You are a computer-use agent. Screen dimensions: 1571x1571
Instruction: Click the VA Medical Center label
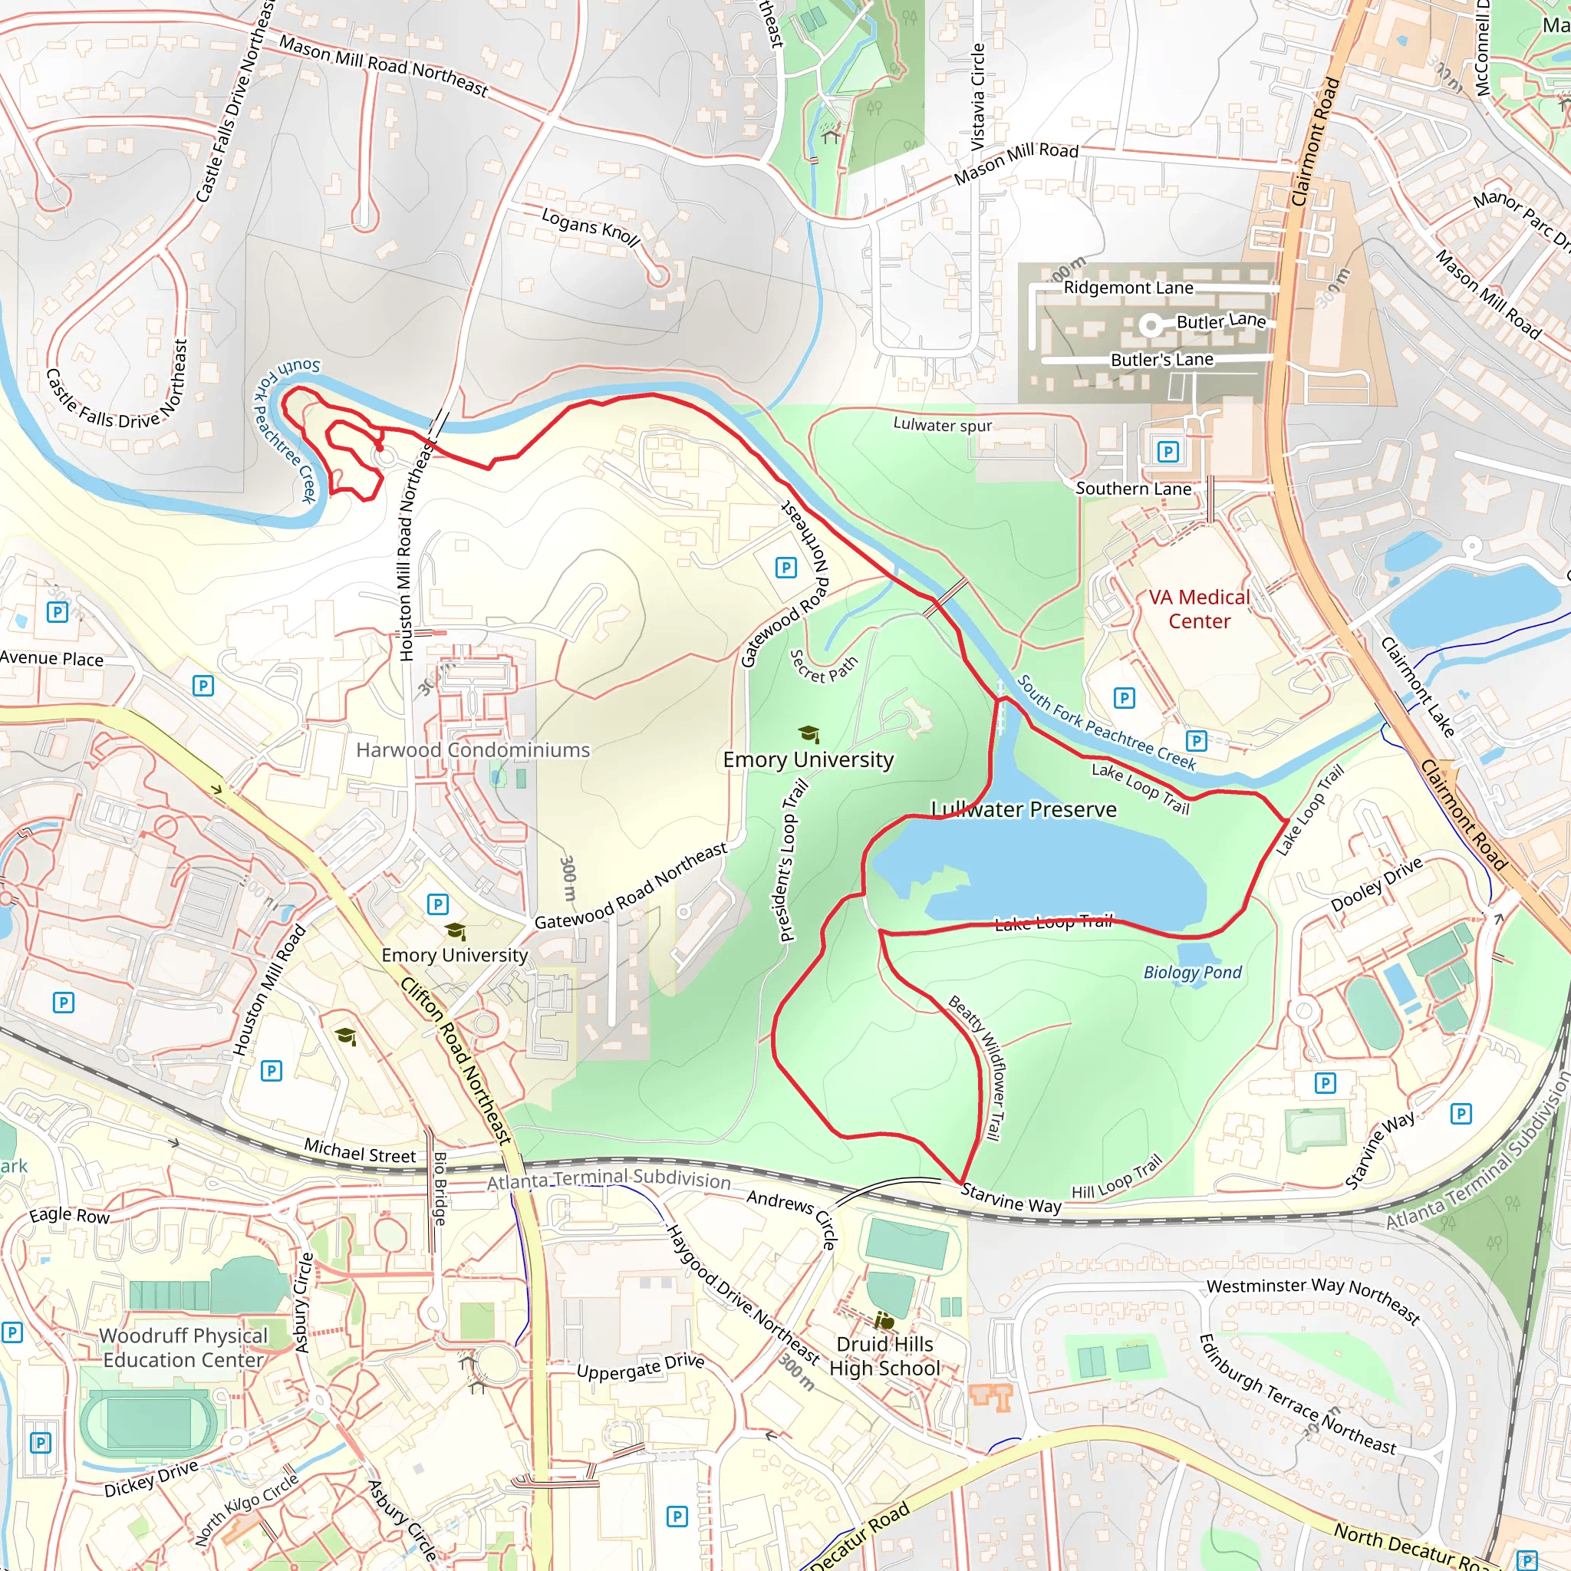pos(1199,609)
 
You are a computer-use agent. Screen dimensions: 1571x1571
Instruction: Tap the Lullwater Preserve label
pos(1024,809)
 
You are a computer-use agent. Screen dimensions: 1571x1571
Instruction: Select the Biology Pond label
pos(1192,972)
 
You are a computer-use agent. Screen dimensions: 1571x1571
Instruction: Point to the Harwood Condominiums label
pos(473,749)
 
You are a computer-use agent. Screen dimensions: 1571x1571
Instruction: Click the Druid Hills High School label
pos(884,1356)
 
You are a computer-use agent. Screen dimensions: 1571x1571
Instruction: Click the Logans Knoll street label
pos(591,226)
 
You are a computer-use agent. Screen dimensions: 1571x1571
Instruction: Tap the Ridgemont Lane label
pos(1128,288)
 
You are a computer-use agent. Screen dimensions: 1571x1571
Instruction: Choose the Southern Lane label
pos(1134,489)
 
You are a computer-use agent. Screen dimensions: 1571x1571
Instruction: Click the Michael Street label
pos(360,1153)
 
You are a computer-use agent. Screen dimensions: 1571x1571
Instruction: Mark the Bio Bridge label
pos(440,1188)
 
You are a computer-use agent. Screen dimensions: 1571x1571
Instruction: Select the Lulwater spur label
pos(943,424)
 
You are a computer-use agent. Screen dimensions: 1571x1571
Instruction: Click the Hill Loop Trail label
pos(1116,1178)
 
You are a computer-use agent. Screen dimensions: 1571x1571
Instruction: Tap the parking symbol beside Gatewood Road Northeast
pos(785,568)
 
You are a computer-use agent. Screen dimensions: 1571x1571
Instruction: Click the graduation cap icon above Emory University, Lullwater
pos(809,734)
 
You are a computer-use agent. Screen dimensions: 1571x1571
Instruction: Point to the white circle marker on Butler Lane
pos(1150,326)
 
